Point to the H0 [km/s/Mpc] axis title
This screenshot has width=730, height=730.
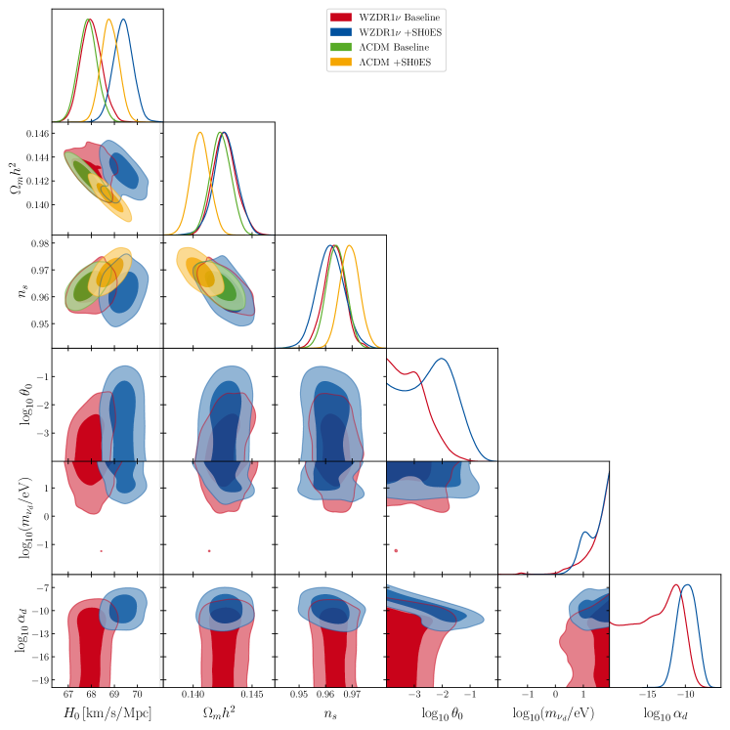tap(107, 716)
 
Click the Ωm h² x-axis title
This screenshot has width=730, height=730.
tap(219, 716)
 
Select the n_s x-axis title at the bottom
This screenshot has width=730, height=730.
tap(330, 716)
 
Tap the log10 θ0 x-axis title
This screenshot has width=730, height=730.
tap(442, 716)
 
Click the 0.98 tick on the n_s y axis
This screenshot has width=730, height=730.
tap(39, 242)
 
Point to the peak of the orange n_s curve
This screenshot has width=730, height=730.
tap(350, 245)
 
